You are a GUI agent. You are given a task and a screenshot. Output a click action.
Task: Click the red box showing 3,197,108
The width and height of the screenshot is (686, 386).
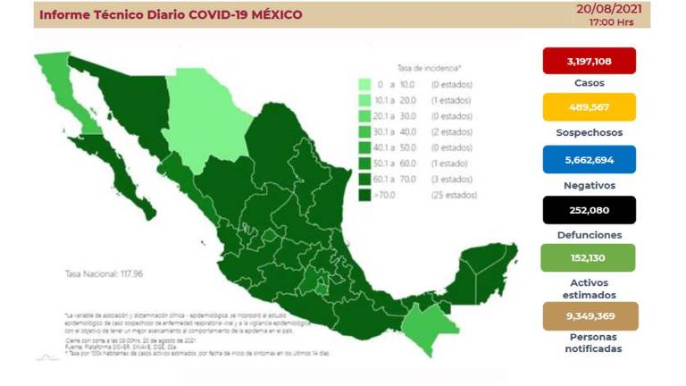pyautogui.click(x=589, y=60)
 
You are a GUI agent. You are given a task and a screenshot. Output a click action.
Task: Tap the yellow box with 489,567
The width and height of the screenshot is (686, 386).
pyautogui.click(x=589, y=108)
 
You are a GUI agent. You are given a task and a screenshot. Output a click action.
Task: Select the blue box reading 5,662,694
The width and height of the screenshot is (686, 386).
pyautogui.click(x=589, y=159)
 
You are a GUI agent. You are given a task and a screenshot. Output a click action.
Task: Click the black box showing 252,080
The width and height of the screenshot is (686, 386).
pyautogui.click(x=589, y=209)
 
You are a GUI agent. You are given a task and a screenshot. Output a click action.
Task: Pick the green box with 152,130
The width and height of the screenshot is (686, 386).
pyautogui.click(x=589, y=259)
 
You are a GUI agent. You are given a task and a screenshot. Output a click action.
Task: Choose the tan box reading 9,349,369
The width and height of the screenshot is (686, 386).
pyautogui.click(x=589, y=315)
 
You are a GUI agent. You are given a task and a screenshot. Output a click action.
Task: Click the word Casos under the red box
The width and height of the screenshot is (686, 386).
pyautogui.click(x=589, y=83)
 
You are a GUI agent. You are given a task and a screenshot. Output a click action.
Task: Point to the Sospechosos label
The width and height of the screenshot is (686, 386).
pyautogui.click(x=589, y=133)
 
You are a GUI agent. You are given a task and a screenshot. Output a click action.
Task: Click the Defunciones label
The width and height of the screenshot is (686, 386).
pyautogui.click(x=589, y=234)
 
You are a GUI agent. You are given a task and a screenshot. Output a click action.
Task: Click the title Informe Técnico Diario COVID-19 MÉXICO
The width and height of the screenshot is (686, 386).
pyautogui.click(x=170, y=15)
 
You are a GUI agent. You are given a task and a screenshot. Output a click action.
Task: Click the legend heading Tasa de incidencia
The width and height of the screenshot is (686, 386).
pyautogui.click(x=429, y=68)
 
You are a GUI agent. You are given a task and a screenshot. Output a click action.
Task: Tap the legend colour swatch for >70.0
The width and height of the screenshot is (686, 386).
pyautogui.click(x=365, y=194)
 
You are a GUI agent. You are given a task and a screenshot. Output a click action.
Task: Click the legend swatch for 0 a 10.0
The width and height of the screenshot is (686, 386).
pyautogui.click(x=365, y=85)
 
